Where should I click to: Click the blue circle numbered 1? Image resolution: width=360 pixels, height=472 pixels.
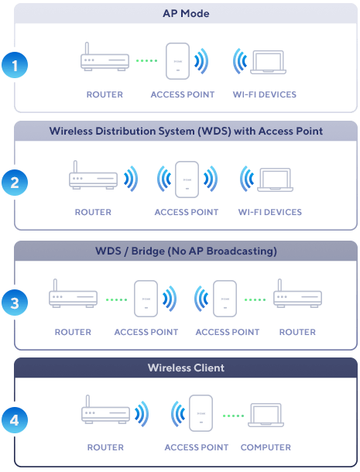tap(15, 65)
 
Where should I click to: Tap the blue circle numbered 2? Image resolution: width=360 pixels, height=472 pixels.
tap(15, 183)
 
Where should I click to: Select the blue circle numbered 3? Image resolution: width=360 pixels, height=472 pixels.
tap(15, 303)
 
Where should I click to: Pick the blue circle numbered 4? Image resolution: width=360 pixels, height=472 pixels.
tap(15, 420)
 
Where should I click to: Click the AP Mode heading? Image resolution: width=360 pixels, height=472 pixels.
tap(186, 14)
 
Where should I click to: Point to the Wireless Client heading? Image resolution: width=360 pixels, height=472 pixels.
tap(186, 368)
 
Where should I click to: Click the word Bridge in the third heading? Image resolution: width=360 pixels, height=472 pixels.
tap(148, 251)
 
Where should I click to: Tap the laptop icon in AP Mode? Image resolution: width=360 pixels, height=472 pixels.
tap(269, 63)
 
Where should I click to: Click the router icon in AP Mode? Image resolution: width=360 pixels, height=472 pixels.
tap(105, 57)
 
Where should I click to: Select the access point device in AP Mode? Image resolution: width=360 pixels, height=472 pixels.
tap(178, 61)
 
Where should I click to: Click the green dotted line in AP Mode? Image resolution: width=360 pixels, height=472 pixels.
tap(146, 61)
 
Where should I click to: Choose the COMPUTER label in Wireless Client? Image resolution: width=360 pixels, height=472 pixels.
tap(266, 447)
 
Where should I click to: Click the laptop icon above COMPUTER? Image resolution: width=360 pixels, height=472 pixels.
tap(266, 415)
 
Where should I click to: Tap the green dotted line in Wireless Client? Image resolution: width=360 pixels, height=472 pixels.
tap(233, 416)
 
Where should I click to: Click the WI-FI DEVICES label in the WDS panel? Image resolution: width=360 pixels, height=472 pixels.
tap(270, 212)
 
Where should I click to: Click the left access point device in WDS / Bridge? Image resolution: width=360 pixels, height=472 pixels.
tap(146, 299)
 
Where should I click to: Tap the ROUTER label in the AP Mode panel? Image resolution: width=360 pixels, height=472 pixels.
tap(105, 94)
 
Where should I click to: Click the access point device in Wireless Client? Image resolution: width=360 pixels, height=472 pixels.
tap(201, 413)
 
